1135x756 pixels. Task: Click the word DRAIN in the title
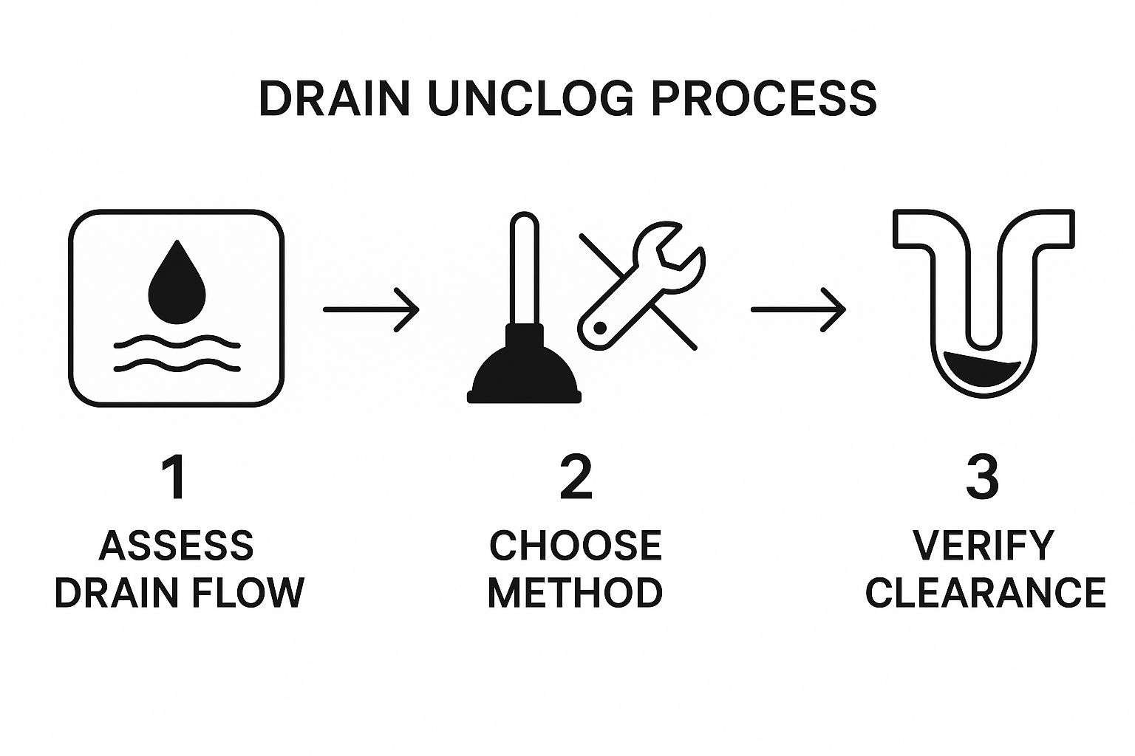(335, 98)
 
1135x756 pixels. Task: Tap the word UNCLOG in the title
(531, 98)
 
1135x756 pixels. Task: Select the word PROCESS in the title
(764, 98)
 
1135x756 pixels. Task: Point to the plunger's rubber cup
(524, 373)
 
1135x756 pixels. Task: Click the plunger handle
(524, 269)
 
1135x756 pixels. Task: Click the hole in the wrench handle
(600, 328)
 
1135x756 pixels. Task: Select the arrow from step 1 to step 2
(372, 309)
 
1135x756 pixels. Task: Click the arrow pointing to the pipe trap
(799, 309)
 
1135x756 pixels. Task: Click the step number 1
(174, 477)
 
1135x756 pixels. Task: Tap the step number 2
(576, 477)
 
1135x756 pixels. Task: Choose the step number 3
(982, 477)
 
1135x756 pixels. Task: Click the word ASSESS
(177, 546)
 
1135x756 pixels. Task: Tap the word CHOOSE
(576, 546)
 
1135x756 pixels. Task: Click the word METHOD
(575, 591)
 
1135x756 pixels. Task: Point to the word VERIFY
(984, 546)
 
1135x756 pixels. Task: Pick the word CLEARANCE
(986, 591)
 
